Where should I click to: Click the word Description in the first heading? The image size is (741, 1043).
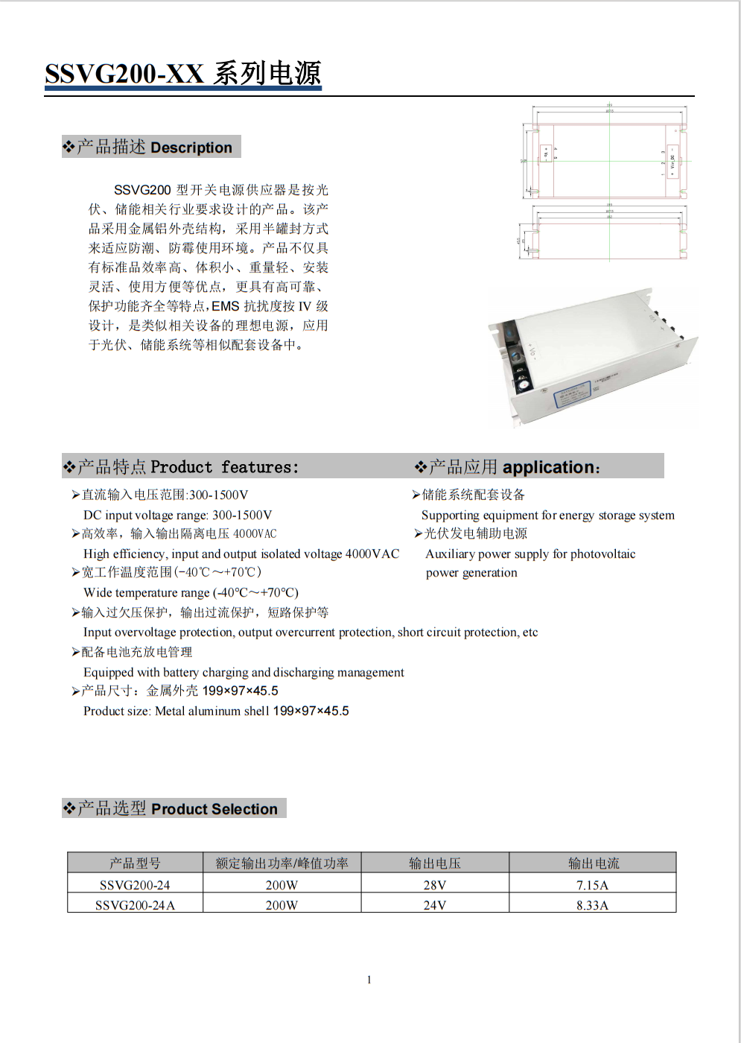tap(191, 148)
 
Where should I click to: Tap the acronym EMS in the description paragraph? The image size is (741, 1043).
tap(226, 306)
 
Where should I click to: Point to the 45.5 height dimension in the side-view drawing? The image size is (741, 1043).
tap(519, 241)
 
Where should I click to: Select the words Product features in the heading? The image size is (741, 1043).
tap(223, 467)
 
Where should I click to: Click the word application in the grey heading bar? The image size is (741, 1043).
tap(548, 467)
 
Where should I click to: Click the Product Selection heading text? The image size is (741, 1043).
tap(214, 809)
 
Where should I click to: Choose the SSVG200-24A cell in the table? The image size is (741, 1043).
tap(135, 905)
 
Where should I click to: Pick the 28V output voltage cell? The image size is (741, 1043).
tap(435, 885)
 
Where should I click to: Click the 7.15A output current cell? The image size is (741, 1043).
tap(592, 885)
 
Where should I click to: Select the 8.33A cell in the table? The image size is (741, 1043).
tap(592, 905)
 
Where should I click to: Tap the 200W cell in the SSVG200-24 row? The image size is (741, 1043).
tap(282, 885)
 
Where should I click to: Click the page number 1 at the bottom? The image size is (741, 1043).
tap(369, 980)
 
